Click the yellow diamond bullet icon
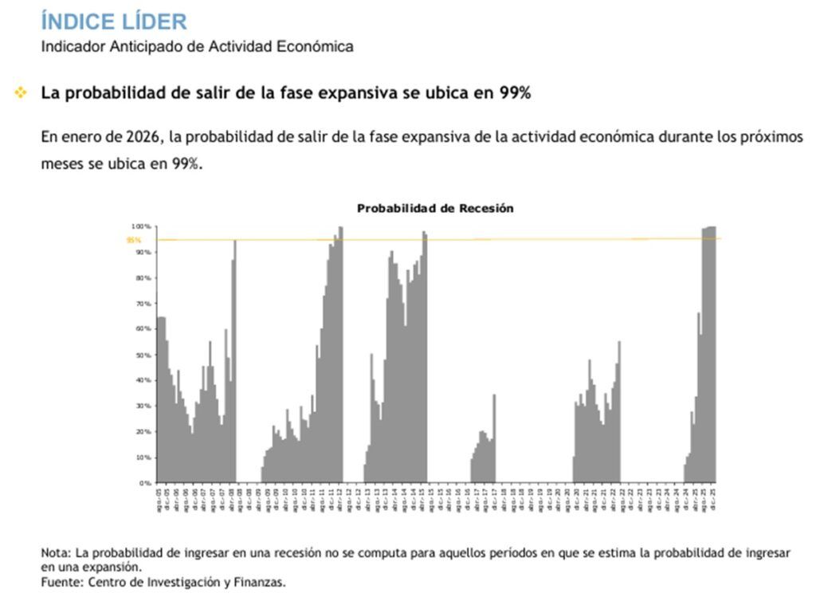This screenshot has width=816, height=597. coord(20,93)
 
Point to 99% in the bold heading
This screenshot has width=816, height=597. coord(513,93)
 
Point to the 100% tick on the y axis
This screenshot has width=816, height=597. coord(142,226)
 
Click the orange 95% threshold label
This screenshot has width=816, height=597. coord(133,239)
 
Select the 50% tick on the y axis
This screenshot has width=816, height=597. coord(143,355)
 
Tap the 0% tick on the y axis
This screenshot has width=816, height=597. coord(145,483)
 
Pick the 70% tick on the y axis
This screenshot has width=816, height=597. coord(143,304)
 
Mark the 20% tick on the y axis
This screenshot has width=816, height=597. coord(143,432)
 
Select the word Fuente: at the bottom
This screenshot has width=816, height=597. coord(62,582)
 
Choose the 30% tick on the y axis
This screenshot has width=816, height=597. coord(143,407)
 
